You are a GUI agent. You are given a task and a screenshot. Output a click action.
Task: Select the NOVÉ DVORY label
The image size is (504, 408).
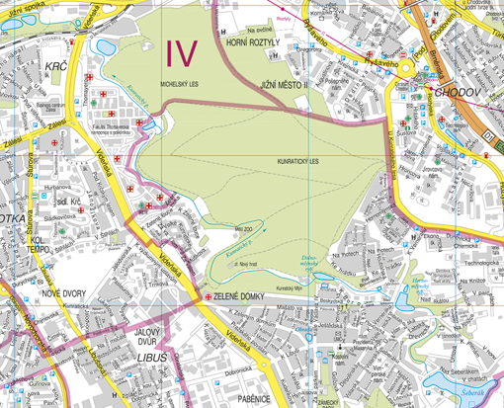[x=65, y=293]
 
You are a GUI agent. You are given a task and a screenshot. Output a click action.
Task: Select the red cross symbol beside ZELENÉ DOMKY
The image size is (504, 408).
[x=207, y=296]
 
